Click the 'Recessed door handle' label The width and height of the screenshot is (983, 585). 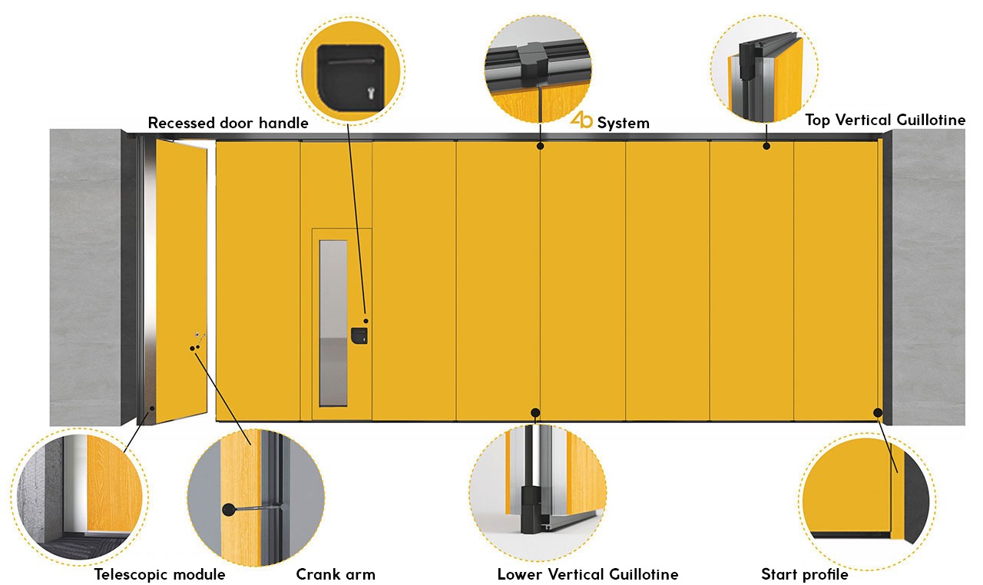pyautogui.click(x=228, y=123)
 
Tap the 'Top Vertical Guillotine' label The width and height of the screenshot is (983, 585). pyautogui.click(x=885, y=120)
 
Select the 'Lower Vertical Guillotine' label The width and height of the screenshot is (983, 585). pyautogui.click(x=587, y=574)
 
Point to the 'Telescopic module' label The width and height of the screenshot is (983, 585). pyautogui.click(x=160, y=574)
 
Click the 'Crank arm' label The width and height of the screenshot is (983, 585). pyautogui.click(x=336, y=574)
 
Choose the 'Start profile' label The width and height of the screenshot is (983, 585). pyautogui.click(x=804, y=574)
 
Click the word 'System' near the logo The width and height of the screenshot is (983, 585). pyautogui.click(x=623, y=123)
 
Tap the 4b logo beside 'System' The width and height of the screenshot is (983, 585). pyautogui.click(x=581, y=121)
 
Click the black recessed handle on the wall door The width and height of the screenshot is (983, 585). pyautogui.click(x=359, y=335)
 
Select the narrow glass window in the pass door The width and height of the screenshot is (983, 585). pyautogui.click(x=333, y=322)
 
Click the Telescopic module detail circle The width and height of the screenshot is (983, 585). pyautogui.click(x=81, y=490)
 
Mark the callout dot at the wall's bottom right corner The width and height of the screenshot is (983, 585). pyautogui.click(x=877, y=412)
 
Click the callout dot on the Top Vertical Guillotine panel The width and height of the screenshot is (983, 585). pyautogui.click(x=766, y=146)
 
